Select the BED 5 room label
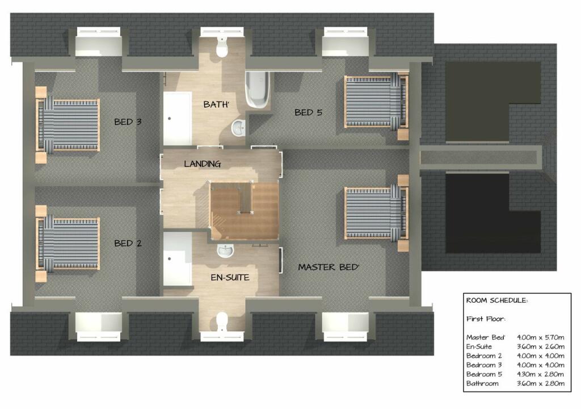click(308, 112)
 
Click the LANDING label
click(202, 164)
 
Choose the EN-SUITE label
click(229, 277)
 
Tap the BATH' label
click(216, 105)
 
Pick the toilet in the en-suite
click(222, 322)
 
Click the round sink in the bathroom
click(239, 128)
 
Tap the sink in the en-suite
click(225, 250)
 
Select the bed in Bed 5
click(374, 102)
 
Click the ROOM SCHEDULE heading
click(496, 301)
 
